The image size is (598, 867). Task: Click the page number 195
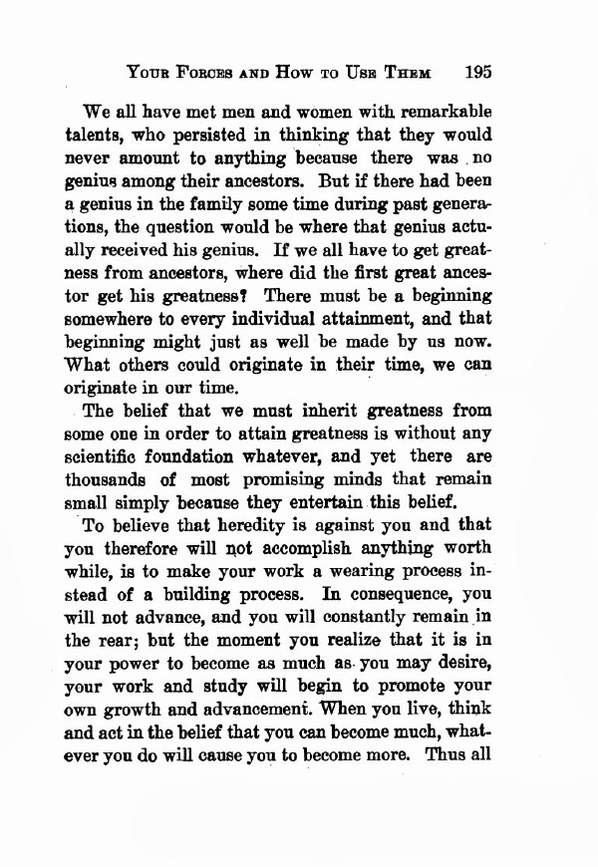click(x=479, y=72)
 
